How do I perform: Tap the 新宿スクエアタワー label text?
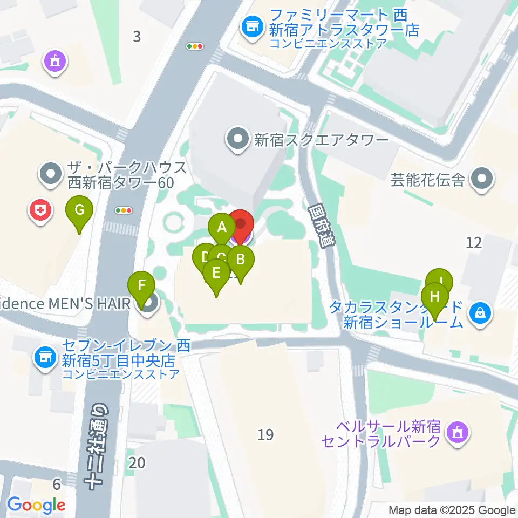[x=322, y=141]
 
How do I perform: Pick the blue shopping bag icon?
[x=479, y=312]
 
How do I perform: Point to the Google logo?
[x=37, y=505]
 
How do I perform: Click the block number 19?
[x=265, y=434]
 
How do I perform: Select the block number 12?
[x=474, y=242]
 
